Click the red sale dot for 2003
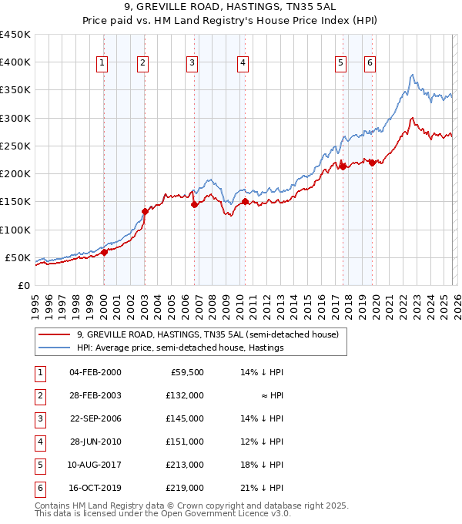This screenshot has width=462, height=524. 145,211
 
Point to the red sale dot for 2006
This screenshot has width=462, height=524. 194,204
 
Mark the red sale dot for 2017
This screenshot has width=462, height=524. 342,166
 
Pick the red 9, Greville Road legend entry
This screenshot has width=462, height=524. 202,334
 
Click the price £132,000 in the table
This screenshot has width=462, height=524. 185,395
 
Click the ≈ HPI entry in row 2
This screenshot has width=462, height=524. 273,395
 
